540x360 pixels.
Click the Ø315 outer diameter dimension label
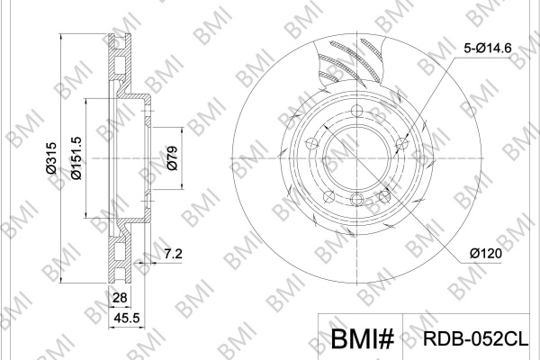coord(51,157)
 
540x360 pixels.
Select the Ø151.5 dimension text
coord(76,157)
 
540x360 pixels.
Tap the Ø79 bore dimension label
coord(172,158)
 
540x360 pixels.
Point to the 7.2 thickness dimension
coord(173,254)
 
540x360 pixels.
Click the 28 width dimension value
coord(120,297)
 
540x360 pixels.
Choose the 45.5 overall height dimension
coord(127,318)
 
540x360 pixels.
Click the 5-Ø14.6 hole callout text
coord(488,48)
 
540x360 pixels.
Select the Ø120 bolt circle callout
coord(486,254)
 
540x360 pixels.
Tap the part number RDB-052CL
coord(475,338)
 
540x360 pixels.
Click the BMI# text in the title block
coord(363,338)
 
